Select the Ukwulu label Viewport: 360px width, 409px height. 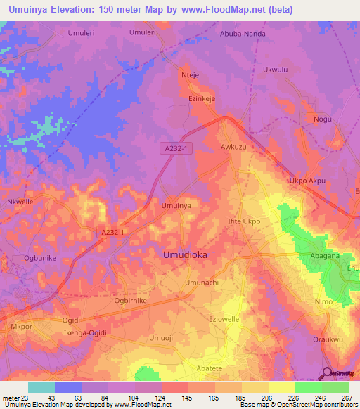(x=276, y=70)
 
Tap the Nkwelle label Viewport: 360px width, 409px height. (x=20, y=202)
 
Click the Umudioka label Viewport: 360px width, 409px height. (x=185, y=255)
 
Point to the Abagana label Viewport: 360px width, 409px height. (x=326, y=257)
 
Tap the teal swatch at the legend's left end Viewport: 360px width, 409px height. (x=41, y=387)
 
